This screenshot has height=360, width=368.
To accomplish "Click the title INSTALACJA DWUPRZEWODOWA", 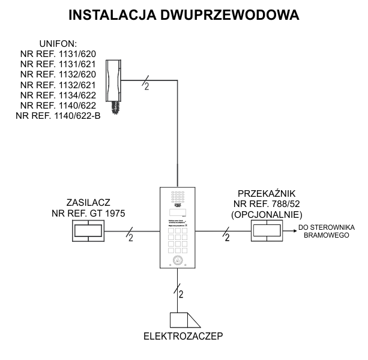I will coord(184,15).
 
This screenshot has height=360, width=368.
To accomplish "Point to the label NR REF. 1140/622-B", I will coord(58,115).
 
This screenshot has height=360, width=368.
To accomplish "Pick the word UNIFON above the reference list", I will coord(58,44).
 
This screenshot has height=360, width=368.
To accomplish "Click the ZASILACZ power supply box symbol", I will coord(88,231).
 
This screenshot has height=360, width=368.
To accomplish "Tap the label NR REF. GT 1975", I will coord(89,213).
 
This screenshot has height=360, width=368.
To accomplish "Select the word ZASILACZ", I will coord(89,203).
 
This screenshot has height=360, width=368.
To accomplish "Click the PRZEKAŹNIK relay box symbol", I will coord(267,231).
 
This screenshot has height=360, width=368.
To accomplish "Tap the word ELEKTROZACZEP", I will coord(183,335).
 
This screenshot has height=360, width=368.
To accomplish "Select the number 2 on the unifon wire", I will coord(146,87).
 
